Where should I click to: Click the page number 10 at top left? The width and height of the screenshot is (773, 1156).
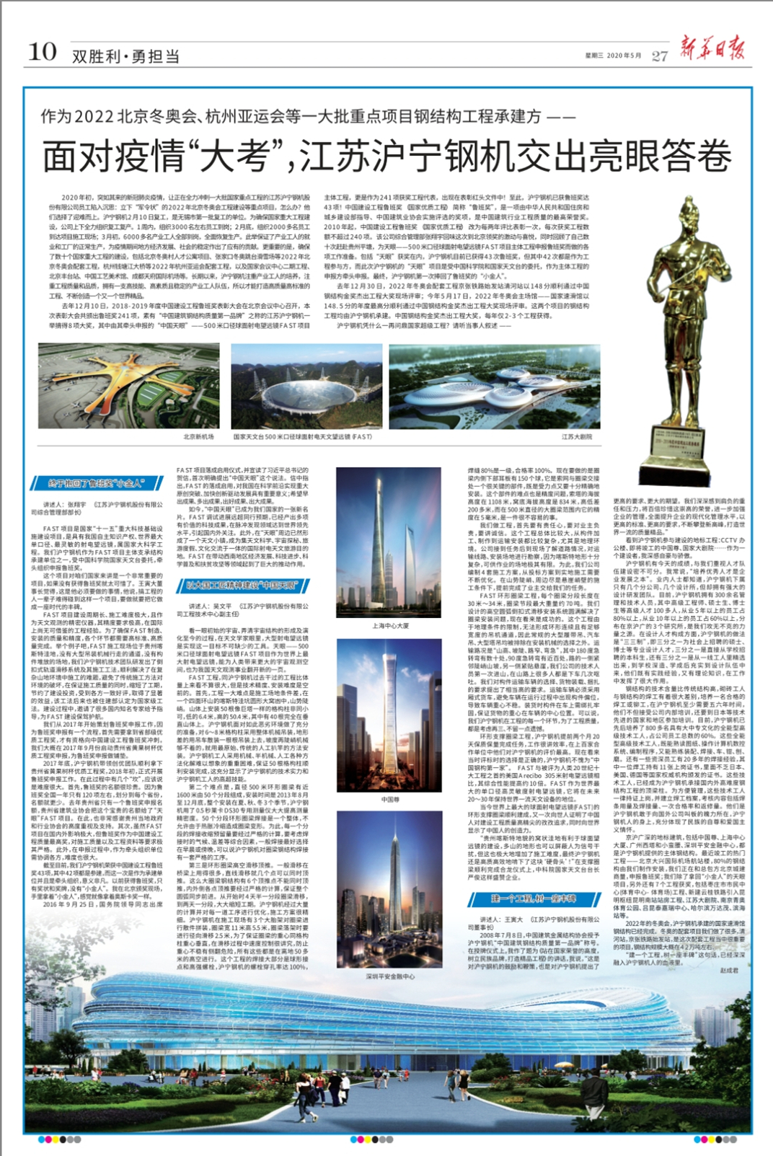(x=42, y=52)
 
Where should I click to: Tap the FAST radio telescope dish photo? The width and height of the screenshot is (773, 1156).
(x=306, y=387)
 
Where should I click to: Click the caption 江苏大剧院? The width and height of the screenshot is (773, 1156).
(x=577, y=437)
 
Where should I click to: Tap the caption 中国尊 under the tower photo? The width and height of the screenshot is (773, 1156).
(x=389, y=799)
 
